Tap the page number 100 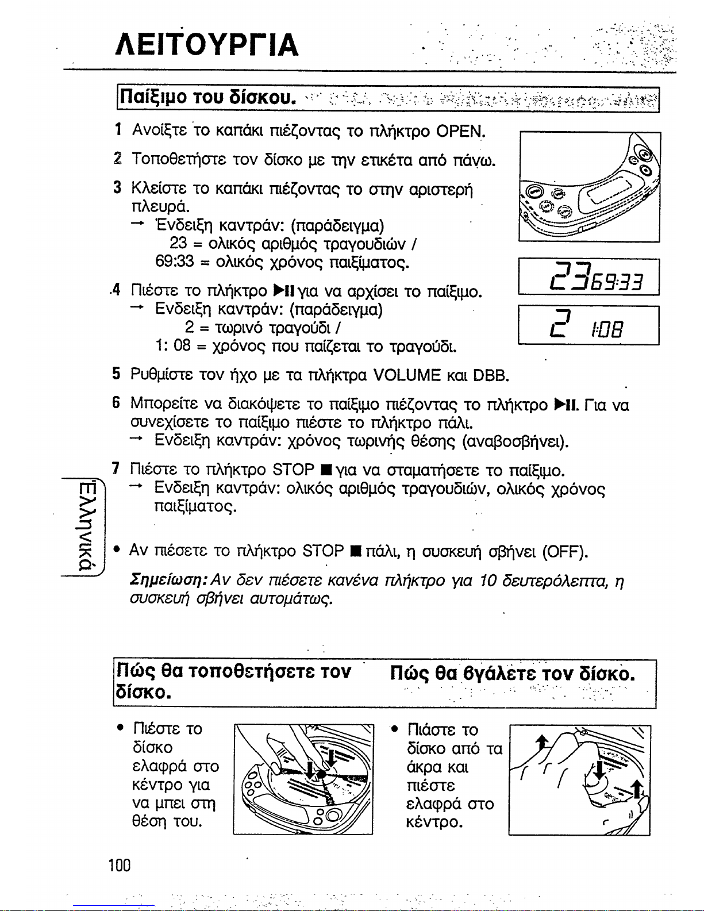pyautogui.click(x=120, y=865)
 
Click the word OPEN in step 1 pyautogui.click(x=460, y=131)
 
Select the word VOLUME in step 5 pyautogui.click(x=406, y=375)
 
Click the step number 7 pyautogui.click(x=116, y=468)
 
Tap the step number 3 pyautogui.click(x=117, y=187)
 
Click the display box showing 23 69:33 pyautogui.click(x=588, y=276)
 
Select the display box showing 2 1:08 pyautogui.click(x=588, y=325)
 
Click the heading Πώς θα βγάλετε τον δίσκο pyautogui.click(x=513, y=674)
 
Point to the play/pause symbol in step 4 pyautogui.click(x=282, y=290)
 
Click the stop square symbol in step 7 pyautogui.click(x=324, y=470)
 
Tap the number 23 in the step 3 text pyautogui.click(x=178, y=243)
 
